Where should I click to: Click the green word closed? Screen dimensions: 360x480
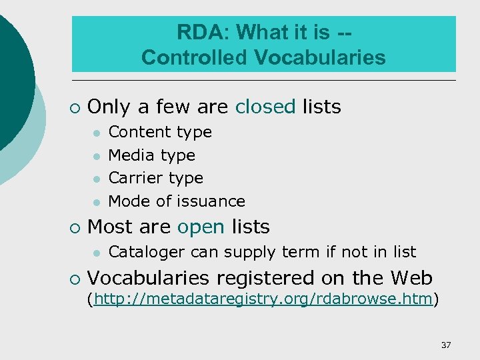265,107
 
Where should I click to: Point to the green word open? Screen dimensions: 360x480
201,227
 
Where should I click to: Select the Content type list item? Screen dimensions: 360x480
160,132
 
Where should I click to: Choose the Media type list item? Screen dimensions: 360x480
151,155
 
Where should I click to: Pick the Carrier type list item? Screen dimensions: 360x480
155,178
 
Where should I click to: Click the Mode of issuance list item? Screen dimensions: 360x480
177,201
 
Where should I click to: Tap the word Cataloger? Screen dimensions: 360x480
147,252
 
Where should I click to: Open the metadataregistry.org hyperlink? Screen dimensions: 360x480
264,299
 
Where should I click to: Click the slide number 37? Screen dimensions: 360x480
446,345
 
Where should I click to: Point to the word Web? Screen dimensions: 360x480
411,278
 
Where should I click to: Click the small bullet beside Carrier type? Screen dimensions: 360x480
96,179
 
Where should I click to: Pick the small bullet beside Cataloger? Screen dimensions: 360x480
96,253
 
